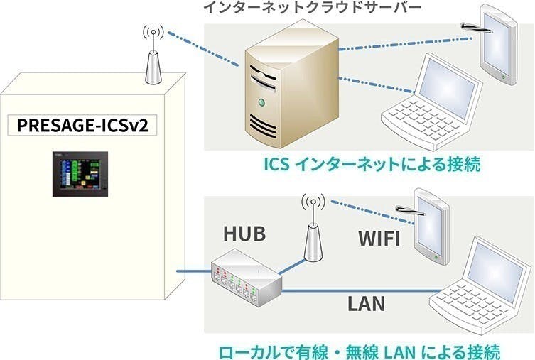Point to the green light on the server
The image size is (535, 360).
(x=264, y=104)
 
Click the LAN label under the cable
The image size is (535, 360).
(x=366, y=304)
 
